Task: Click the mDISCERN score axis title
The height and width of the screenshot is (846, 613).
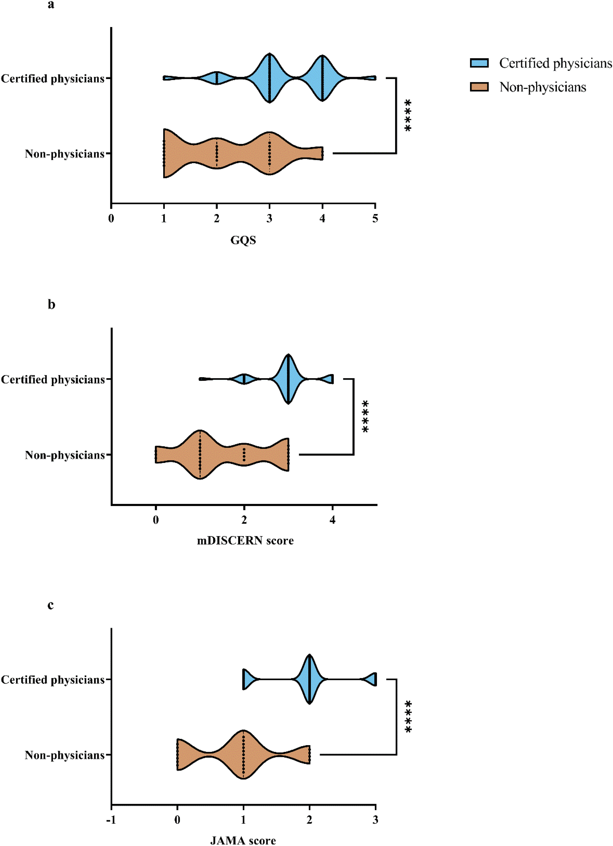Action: [x=245, y=541]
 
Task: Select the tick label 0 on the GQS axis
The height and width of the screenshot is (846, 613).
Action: [x=111, y=219]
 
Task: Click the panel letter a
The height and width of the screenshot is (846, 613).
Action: [x=51, y=5]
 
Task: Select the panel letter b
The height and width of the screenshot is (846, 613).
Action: [x=51, y=305]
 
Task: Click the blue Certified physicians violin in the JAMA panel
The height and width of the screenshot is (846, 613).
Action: [x=309, y=679]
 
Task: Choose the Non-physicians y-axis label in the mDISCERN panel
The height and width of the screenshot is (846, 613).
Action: [x=65, y=455]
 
